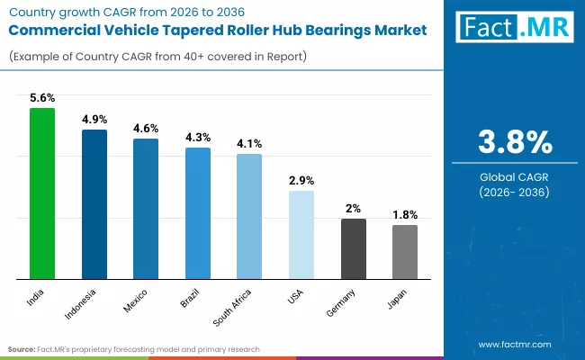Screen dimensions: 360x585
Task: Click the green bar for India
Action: (x=42, y=193)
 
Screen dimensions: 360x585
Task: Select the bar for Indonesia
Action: (x=94, y=204)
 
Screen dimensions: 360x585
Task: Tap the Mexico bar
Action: (x=146, y=209)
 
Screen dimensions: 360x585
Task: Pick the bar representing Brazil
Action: (x=198, y=213)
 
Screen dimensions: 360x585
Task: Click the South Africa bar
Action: (x=249, y=216)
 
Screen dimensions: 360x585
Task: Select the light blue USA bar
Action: (x=301, y=235)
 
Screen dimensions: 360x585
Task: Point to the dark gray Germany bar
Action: (x=353, y=248)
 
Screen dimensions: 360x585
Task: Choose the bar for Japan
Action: (x=405, y=252)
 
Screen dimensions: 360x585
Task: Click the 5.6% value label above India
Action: (x=42, y=98)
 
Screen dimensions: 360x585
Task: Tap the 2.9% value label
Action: (x=301, y=181)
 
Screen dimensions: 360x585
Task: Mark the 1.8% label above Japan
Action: (x=405, y=215)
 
